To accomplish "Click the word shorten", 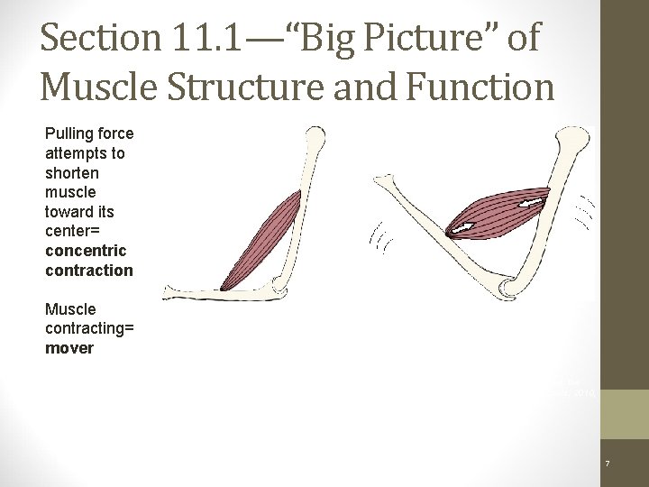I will click(72, 173).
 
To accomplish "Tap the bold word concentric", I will click(86, 251).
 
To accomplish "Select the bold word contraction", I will click(88, 271).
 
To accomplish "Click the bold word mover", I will click(69, 348).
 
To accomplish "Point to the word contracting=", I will click(89, 328).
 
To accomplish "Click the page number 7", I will click(608, 464).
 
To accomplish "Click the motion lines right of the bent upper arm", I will click(587, 213).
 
